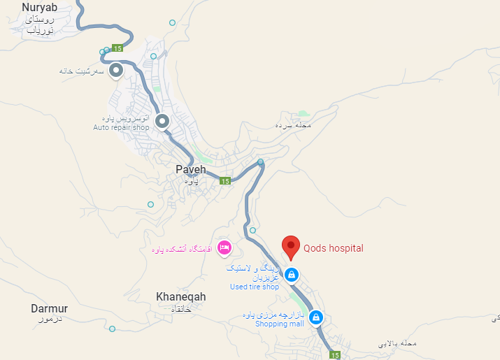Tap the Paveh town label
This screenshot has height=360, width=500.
(x=191, y=169)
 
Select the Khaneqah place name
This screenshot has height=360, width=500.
(x=181, y=297)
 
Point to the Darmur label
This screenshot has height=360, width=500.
(x=50, y=308)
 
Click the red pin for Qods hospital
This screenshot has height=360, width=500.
(x=291, y=247)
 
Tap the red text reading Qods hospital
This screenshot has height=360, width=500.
(x=334, y=248)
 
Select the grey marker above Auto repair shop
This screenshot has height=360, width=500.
(x=162, y=122)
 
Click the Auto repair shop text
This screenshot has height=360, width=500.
(x=122, y=128)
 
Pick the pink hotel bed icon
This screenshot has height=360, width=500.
(x=224, y=247)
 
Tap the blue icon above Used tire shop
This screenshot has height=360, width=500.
(x=292, y=275)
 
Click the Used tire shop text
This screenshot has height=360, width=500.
(x=255, y=287)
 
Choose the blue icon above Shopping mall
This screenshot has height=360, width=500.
(x=316, y=317)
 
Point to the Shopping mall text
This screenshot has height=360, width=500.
(x=280, y=324)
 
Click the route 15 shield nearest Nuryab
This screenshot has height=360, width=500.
(x=117, y=48)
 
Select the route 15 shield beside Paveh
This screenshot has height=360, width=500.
(x=224, y=181)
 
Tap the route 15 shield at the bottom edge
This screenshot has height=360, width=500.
(x=336, y=355)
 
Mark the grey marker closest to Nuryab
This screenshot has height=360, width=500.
(x=116, y=70)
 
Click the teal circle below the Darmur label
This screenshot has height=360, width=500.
(x=112, y=329)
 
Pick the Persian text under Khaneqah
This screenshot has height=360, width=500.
(x=181, y=308)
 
